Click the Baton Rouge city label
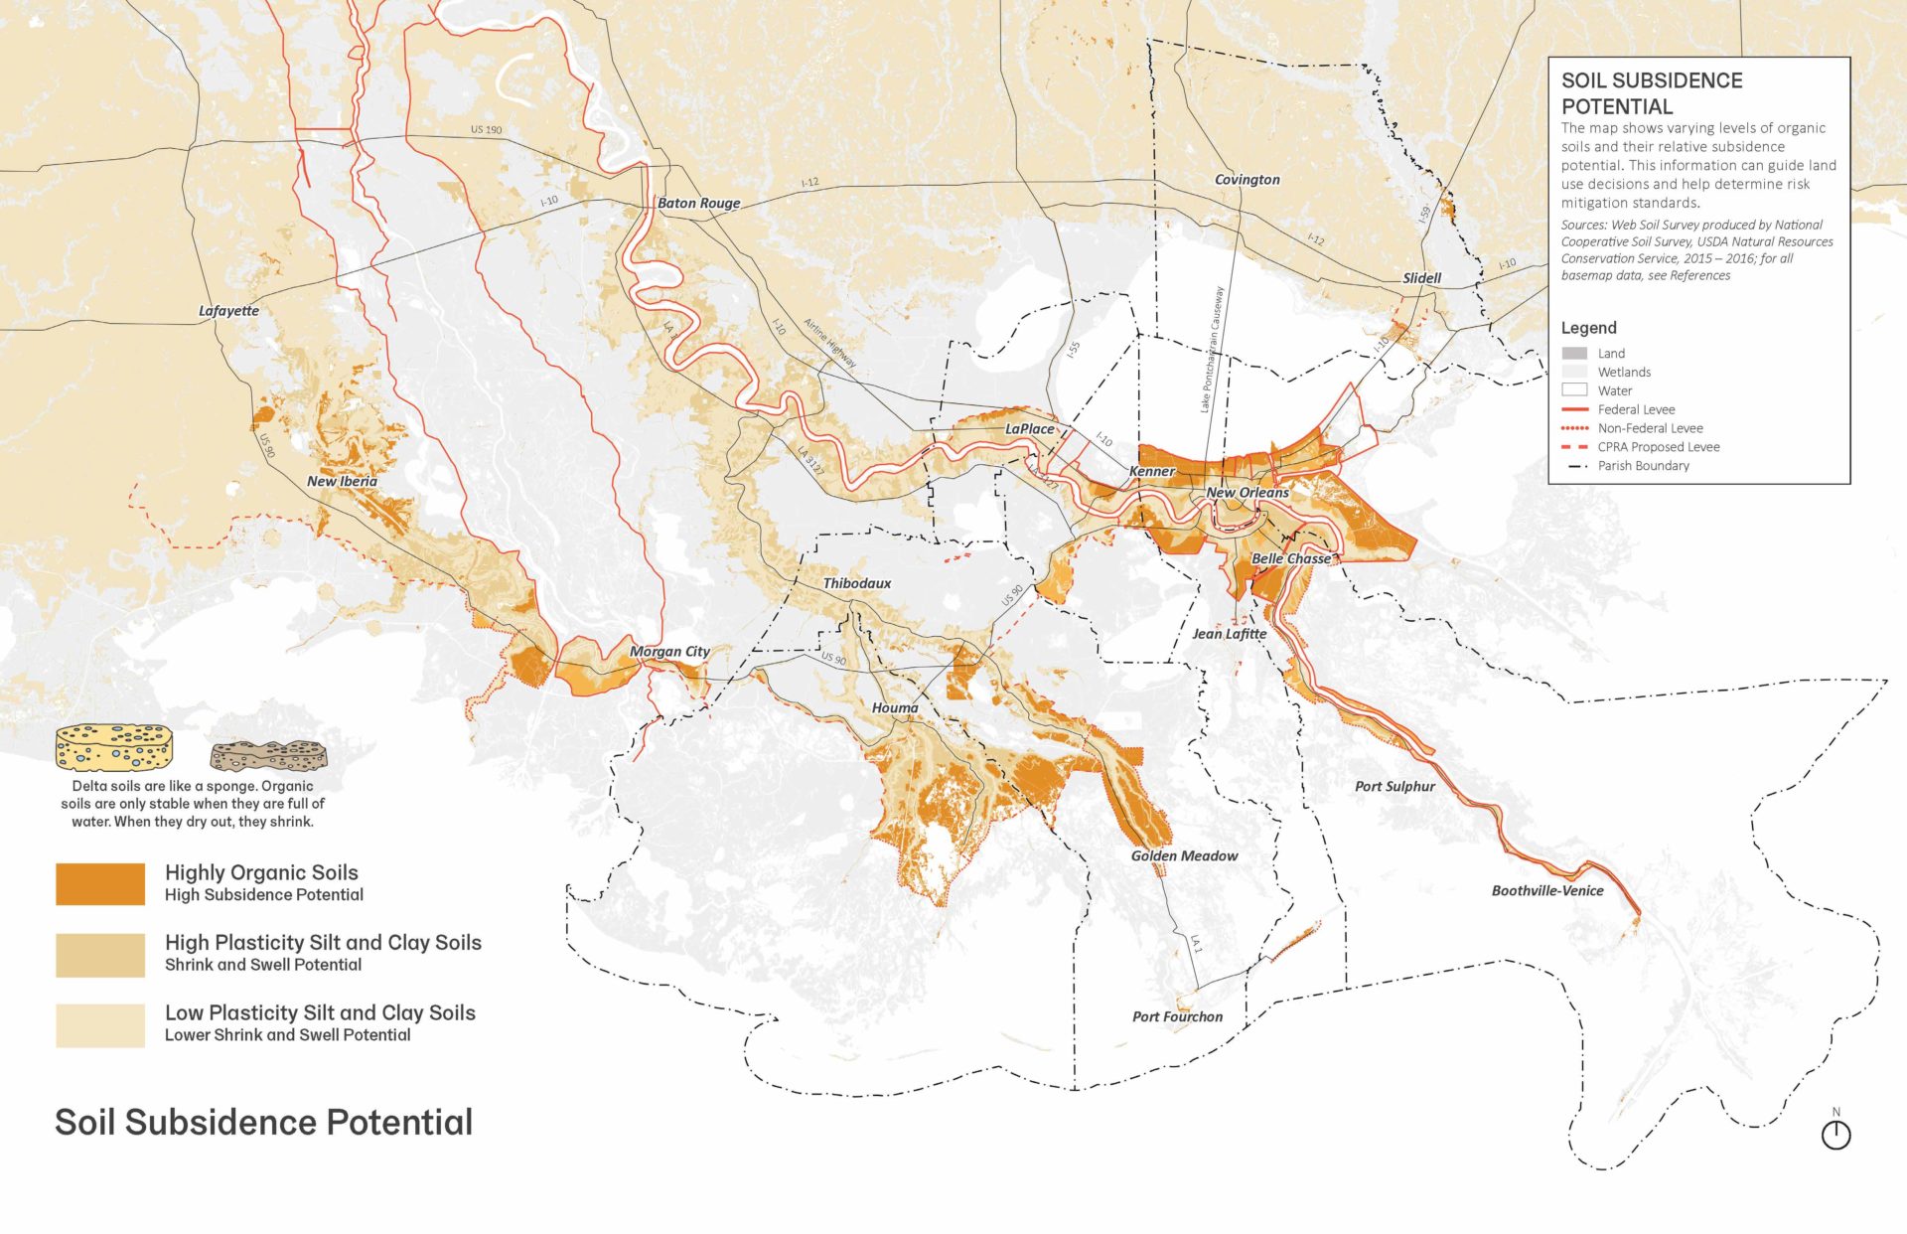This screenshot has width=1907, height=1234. point(698,203)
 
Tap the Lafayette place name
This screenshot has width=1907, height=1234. point(228,311)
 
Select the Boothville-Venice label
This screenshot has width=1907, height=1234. point(1546,891)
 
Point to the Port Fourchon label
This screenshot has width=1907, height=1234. point(1177,1017)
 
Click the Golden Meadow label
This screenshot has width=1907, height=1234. point(1184,856)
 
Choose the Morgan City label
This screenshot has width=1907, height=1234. point(669,652)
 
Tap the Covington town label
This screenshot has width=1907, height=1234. point(1247,180)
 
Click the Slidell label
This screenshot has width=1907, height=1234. point(1421,278)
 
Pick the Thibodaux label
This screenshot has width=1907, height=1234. point(856,583)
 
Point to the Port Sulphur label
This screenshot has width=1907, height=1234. point(1394,787)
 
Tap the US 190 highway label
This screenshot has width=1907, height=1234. point(486,130)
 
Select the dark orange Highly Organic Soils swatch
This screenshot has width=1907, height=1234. point(99,884)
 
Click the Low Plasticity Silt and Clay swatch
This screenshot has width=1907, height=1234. point(99,1025)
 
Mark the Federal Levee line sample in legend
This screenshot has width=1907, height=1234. point(1575,409)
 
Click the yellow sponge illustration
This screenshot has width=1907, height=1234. point(113,747)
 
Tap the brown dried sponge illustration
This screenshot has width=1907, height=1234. point(268,755)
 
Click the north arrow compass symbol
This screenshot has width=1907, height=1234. point(1835,1134)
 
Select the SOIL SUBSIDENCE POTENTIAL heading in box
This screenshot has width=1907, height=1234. point(1651,93)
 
